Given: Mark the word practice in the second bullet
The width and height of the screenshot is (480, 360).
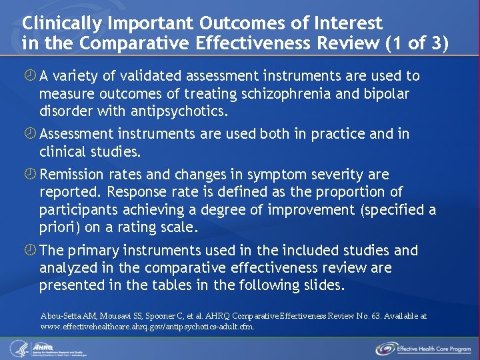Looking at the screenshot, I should (x=335, y=134).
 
